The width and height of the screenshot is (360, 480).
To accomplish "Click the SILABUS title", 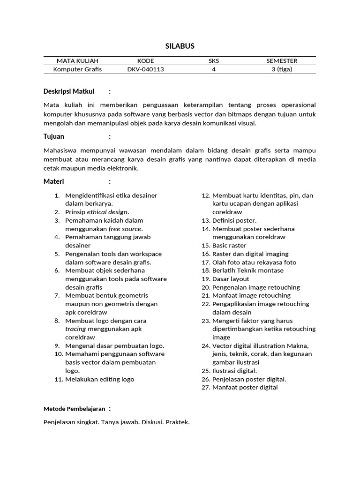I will tap(180, 46).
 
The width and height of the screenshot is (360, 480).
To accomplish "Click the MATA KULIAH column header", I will tap(77, 60).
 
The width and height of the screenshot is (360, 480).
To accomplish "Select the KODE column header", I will tap(145, 60).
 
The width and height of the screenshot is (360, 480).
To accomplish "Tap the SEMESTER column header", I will tap(282, 60).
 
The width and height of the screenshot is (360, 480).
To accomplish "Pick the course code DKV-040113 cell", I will tap(145, 69).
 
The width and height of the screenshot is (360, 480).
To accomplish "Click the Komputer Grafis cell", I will tap(77, 69).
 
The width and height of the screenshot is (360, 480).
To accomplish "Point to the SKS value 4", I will tap(214, 69).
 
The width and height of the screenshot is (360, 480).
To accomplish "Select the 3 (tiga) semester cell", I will tap(282, 69).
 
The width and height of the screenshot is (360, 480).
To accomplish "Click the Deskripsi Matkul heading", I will tap(69, 91).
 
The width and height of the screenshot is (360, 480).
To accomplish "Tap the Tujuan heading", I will tap(54, 136).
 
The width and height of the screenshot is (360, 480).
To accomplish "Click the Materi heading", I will tap(54, 181).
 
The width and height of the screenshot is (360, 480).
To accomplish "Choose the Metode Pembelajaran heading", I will tap(74, 409).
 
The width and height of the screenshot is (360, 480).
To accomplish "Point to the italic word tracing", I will tap(76, 329).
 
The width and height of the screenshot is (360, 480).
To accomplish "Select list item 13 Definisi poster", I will tap(234, 220).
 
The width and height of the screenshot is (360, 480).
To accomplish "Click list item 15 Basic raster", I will tap(229, 245).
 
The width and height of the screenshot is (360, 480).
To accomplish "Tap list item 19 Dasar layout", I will tap(231, 279).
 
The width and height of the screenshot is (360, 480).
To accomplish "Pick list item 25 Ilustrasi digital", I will tap(234, 371).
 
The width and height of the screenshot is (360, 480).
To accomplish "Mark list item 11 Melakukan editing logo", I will tap(99, 379).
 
